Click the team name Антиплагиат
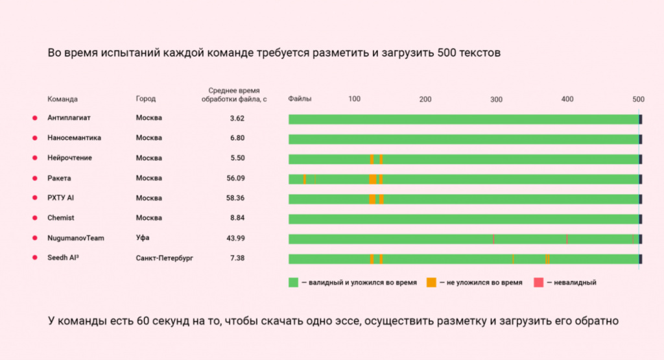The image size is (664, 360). click(68, 118)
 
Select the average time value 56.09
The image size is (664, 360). click(236, 178)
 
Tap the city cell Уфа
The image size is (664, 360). click(143, 238)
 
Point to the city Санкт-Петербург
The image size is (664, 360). click(164, 258)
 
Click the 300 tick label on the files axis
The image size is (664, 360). click(496, 99)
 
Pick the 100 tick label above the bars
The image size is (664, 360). click(354, 99)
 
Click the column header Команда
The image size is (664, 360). click(62, 99)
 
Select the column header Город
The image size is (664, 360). click(146, 99)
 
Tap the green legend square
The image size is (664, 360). click(294, 282)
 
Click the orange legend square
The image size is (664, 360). click(431, 282)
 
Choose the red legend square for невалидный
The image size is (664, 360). click(538, 282)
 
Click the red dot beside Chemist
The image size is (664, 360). click(34, 218)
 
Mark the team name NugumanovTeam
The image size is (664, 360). click(75, 238)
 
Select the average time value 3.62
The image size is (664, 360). click(236, 118)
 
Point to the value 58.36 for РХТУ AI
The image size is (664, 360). click(236, 198)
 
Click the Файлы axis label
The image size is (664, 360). click(300, 99)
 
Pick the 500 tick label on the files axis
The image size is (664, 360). click(638, 99)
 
